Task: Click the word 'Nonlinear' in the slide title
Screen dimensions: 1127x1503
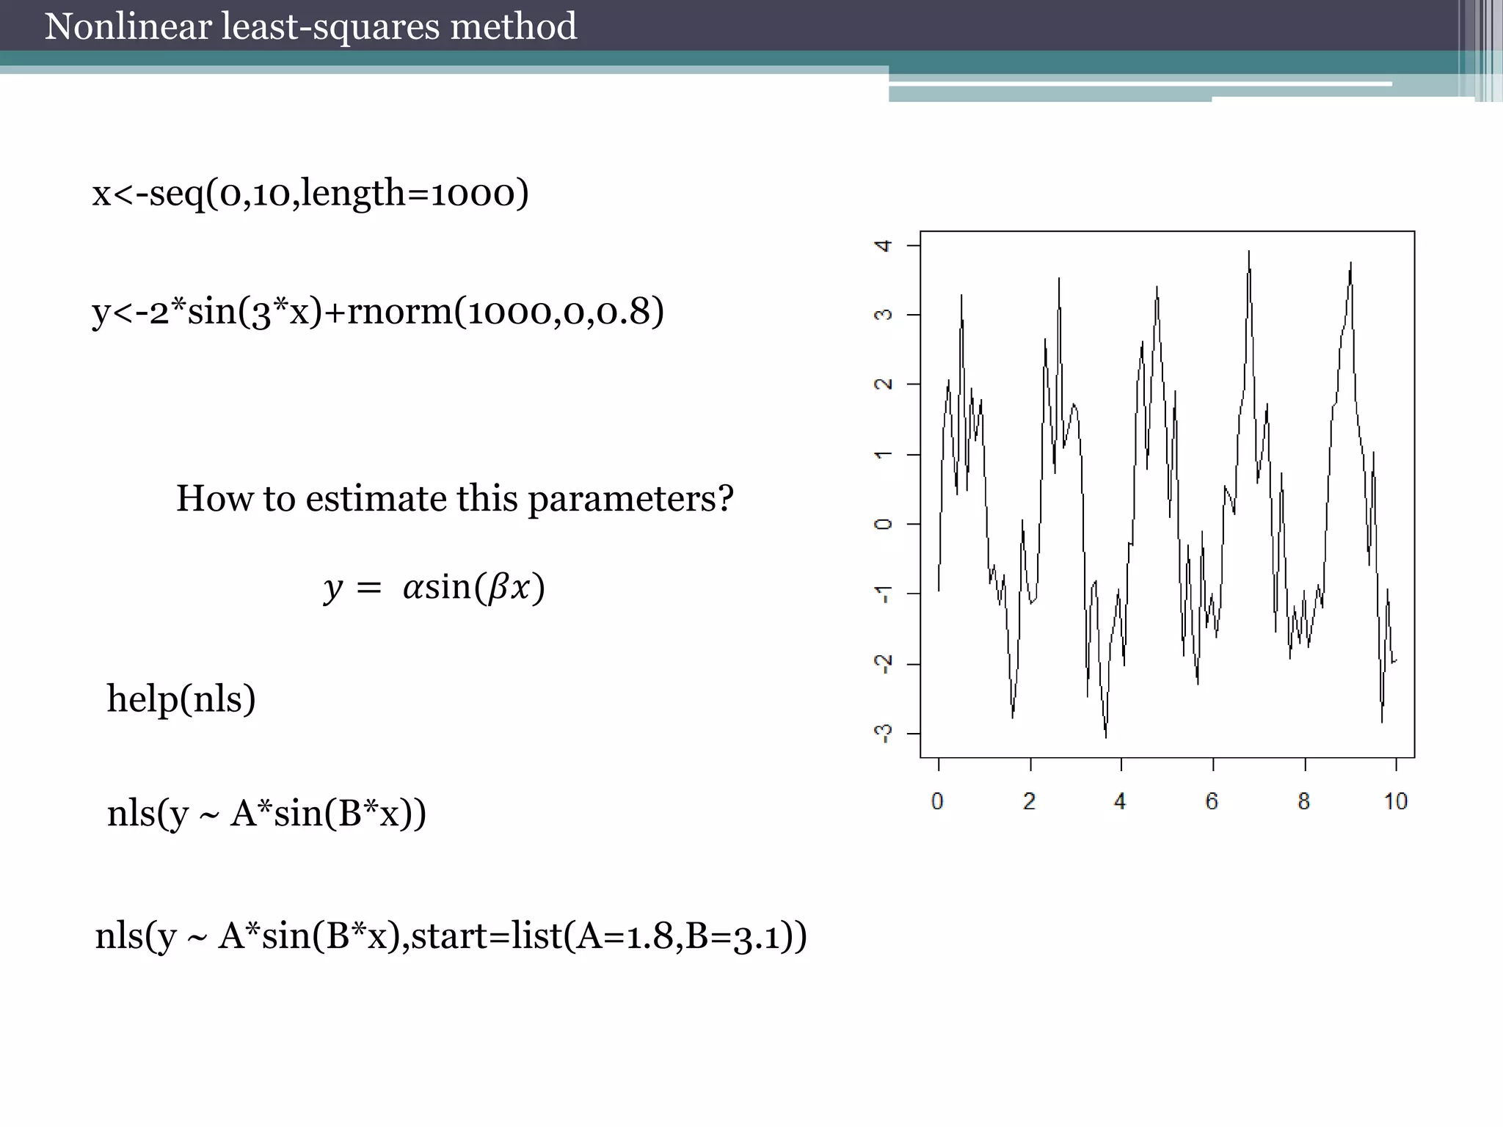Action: tap(128, 27)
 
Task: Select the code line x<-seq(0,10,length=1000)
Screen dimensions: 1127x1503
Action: tap(310, 194)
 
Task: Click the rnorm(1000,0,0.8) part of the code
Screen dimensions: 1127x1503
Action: tap(505, 311)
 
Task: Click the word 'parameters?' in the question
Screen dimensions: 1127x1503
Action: tap(630, 499)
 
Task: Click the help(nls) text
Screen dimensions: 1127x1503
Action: tap(181, 699)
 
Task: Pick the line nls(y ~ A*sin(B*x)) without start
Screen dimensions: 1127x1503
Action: tap(266, 814)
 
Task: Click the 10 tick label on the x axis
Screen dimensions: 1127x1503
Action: tap(1396, 801)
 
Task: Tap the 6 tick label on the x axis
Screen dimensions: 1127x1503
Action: tap(1212, 801)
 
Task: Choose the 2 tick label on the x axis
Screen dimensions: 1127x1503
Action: tap(1029, 801)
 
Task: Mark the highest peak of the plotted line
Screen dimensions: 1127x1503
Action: tap(1248, 252)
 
